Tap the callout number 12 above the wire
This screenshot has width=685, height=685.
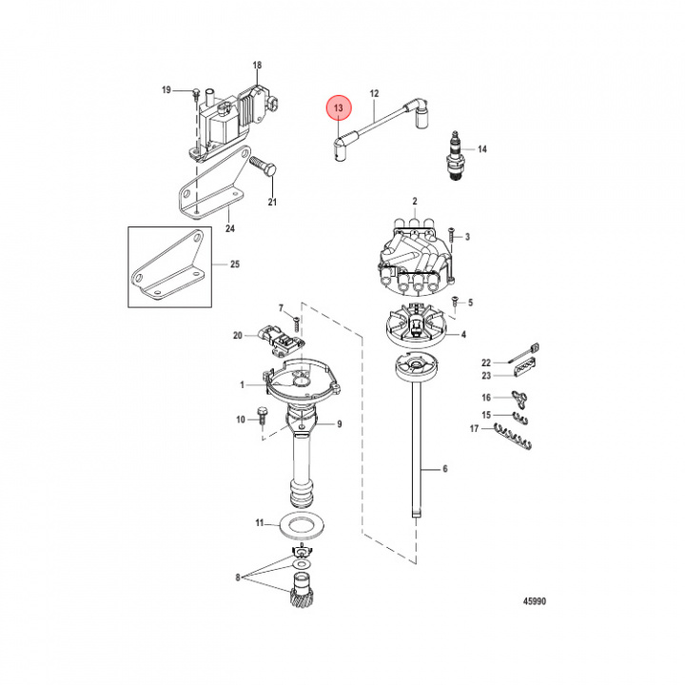374,93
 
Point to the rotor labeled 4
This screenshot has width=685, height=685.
412,328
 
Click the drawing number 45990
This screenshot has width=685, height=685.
533,601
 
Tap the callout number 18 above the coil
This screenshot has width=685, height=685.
256,66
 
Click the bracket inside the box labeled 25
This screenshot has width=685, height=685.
169,268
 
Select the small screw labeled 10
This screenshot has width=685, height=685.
261,418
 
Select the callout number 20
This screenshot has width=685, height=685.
238,335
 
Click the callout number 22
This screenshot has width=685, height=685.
485,362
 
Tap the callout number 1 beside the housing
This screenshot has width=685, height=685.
243,385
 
